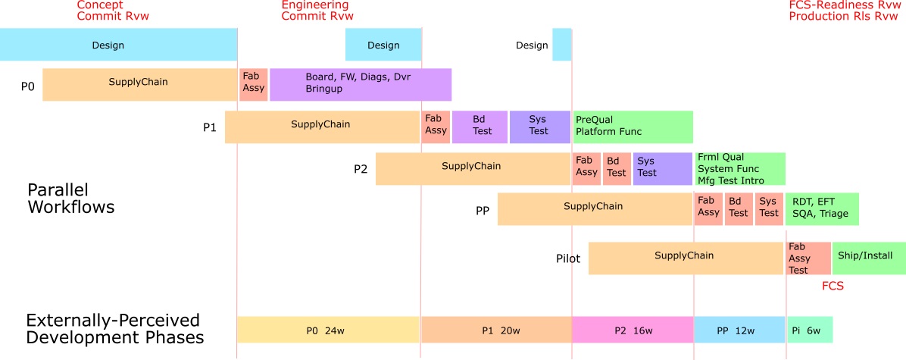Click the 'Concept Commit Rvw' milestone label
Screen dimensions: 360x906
click(111, 10)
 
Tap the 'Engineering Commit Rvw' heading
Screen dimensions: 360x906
click(317, 10)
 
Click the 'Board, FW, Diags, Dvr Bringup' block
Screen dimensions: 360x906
click(361, 83)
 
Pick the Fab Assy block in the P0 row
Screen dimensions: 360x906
click(254, 83)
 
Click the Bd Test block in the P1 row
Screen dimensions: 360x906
click(480, 126)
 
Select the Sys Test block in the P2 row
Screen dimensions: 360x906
click(647, 167)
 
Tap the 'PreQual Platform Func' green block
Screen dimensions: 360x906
click(633, 126)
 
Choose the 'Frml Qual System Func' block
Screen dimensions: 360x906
click(740, 168)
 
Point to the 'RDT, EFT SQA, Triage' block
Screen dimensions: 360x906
click(823, 208)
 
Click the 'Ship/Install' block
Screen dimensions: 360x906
click(869, 256)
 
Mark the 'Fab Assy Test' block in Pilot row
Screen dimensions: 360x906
click(808, 258)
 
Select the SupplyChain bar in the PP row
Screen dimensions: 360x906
click(595, 208)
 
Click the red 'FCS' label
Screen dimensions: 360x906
click(833, 286)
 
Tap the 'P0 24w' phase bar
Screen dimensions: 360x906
click(329, 330)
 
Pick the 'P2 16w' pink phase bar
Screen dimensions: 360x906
click(633, 330)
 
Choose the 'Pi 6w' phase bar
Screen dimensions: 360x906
click(810, 330)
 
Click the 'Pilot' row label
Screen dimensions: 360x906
click(568, 259)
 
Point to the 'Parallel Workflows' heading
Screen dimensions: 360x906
click(70, 198)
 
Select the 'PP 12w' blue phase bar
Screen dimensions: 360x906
click(739, 330)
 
